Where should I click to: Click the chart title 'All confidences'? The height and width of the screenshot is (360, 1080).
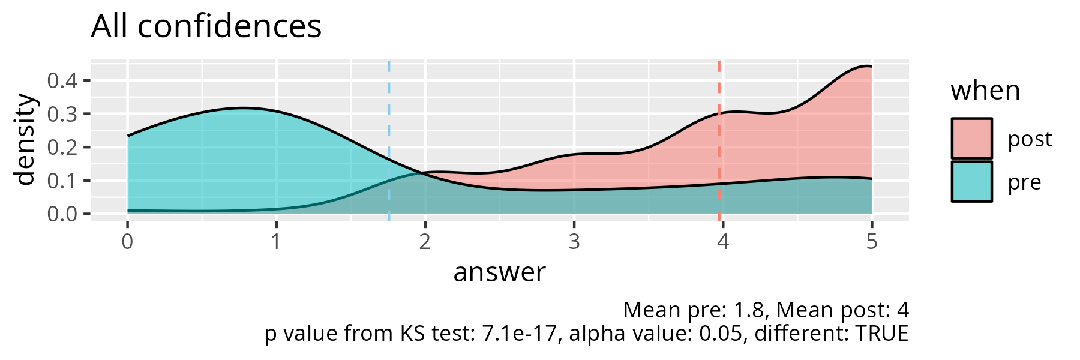pyautogui.click(x=206, y=27)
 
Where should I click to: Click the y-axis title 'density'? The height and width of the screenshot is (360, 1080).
pyautogui.click(x=25, y=139)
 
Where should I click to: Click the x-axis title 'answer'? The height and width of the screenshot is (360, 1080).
pyautogui.click(x=499, y=272)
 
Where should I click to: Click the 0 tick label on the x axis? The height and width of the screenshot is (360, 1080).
pyautogui.click(x=127, y=242)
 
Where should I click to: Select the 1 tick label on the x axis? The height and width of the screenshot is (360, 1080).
pyautogui.click(x=276, y=242)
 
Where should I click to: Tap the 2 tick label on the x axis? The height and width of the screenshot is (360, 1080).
pyautogui.click(x=425, y=242)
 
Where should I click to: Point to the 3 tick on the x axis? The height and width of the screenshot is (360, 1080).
pyautogui.click(x=574, y=242)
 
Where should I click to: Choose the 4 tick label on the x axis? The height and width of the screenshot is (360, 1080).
pyautogui.click(x=723, y=242)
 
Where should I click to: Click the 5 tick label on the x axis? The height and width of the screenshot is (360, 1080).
pyautogui.click(x=872, y=242)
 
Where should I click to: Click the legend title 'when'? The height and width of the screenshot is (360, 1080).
pyautogui.click(x=985, y=91)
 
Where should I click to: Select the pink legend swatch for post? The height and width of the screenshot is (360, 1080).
pyautogui.click(x=971, y=139)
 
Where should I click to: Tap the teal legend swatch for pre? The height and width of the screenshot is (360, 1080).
pyautogui.click(x=971, y=182)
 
